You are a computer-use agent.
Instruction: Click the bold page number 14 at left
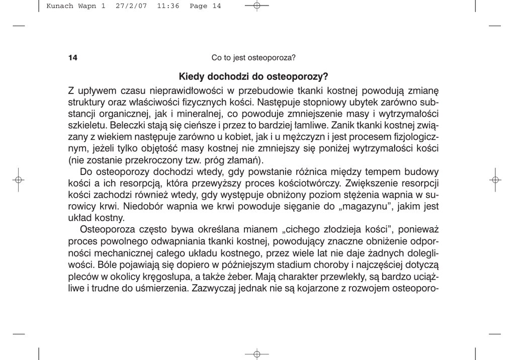tap(72, 58)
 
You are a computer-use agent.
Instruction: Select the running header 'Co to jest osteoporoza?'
tap(253, 58)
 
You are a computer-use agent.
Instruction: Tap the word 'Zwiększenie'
tap(369, 184)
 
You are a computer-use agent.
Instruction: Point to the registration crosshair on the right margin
tap(495, 179)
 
